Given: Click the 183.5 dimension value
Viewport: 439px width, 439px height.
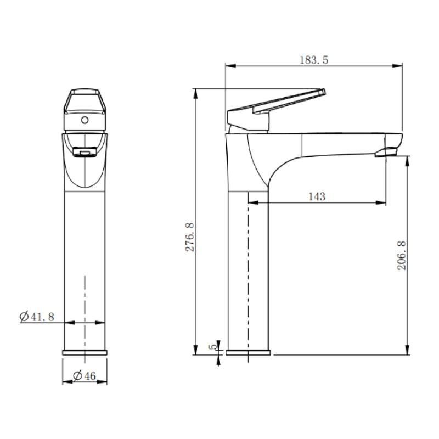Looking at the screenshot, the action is tap(313, 60).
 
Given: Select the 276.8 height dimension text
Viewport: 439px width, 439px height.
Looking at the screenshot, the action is tap(190, 237).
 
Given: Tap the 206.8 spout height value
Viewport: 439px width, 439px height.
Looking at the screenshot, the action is tap(402, 256).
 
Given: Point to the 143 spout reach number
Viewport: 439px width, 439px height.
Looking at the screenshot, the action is tap(317, 196).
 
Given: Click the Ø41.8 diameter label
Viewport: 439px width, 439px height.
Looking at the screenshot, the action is tap(37, 317).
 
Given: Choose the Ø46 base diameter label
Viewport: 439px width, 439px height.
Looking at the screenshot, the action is tap(85, 375).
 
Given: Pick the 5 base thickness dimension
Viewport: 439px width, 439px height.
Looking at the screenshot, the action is tap(213, 346).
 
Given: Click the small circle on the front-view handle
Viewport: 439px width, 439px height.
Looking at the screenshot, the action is tap(85, 120).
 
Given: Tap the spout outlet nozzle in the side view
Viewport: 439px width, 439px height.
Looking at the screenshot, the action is tap(386, 153).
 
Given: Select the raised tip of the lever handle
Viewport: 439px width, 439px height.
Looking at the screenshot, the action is tap(323, 92).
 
